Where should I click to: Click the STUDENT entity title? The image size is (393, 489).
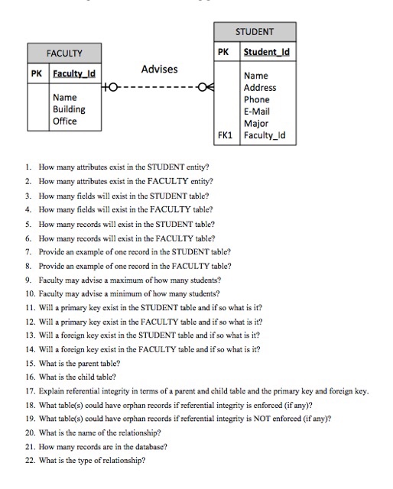pyautogui.click(x=255, y=32)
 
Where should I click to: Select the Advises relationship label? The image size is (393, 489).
pyautogui.click(x=159, y=70)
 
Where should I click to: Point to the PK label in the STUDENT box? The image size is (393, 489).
pyautogui.click(x=223, y=53)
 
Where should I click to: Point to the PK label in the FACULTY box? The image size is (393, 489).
pyautogui.click(x=36, y=75)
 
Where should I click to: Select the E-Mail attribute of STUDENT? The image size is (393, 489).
pyautogui.click(x=258, y=111)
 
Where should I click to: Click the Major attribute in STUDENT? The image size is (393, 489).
pyautogui.click(x=255, y=122)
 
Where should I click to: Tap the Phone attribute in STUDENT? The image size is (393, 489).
pyautogui.click(x=256, y=99)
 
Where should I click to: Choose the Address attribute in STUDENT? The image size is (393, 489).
pyautogui.click(x=260, y=88)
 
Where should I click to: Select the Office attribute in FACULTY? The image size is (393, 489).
pyautogui.click(x=64, y=121)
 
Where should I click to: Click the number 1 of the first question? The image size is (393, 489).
pyautogui.click(x=27, y=165)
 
